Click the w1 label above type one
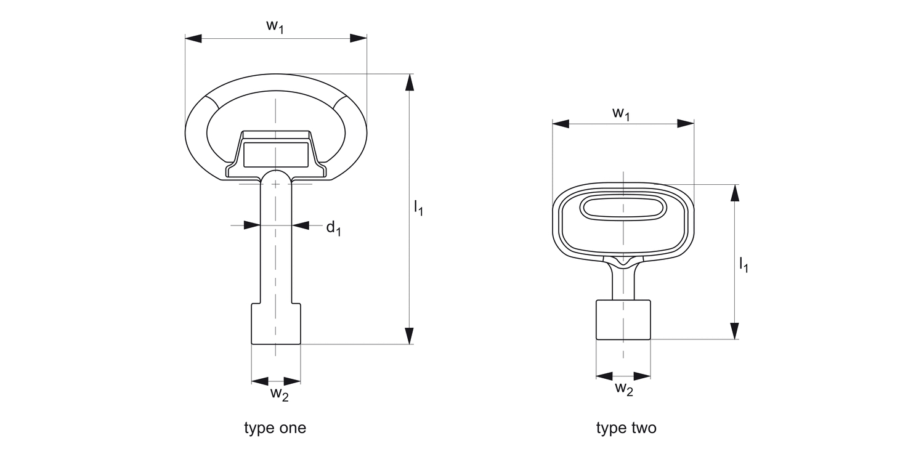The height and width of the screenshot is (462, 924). pos(275,26)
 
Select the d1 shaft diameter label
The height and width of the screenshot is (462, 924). pos(333,228)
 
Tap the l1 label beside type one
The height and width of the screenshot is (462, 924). pos(418,208)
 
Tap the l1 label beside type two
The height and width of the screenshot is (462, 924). pos(744,265)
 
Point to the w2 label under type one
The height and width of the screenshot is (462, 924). pos(280,394)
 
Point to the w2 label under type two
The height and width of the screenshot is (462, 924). pos(624,389)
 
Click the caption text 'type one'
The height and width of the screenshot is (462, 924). pos(275,428)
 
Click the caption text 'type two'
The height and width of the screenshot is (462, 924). pos(626,428)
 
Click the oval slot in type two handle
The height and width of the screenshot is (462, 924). pos(623,208)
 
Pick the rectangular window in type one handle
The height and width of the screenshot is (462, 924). pos(276,154)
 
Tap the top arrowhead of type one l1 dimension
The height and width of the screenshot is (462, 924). pos(408,83)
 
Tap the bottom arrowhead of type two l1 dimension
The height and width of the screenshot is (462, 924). pos(734,331)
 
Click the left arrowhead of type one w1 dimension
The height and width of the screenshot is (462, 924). pos(193,38)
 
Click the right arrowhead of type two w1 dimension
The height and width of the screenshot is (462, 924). pos(686,123)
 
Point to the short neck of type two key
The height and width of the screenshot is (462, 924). pos(623,283)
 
